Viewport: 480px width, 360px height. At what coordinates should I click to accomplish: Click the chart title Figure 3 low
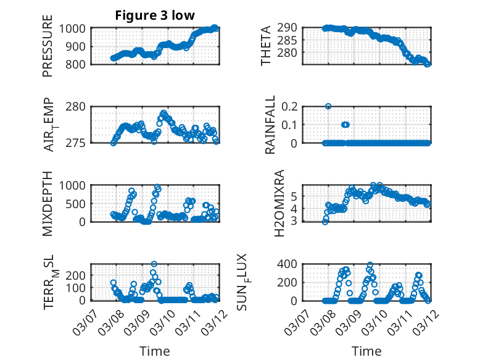[x=156, y=15]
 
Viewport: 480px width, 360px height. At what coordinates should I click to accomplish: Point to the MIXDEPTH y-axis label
[x=48, y=203]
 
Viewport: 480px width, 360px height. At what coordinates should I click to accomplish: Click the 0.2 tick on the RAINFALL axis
[x=292, y=106]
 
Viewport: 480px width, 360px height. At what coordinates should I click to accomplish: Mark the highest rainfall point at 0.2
[x=328, y=106]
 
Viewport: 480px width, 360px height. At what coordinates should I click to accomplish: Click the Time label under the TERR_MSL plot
[x=155, y=351]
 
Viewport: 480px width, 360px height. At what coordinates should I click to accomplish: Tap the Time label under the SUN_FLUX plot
[x=366, y=351]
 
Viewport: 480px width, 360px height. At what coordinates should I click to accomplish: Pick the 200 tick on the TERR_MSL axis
[x=79, y=275]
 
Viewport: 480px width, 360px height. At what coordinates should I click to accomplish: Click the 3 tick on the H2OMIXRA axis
[x=296, y=220]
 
